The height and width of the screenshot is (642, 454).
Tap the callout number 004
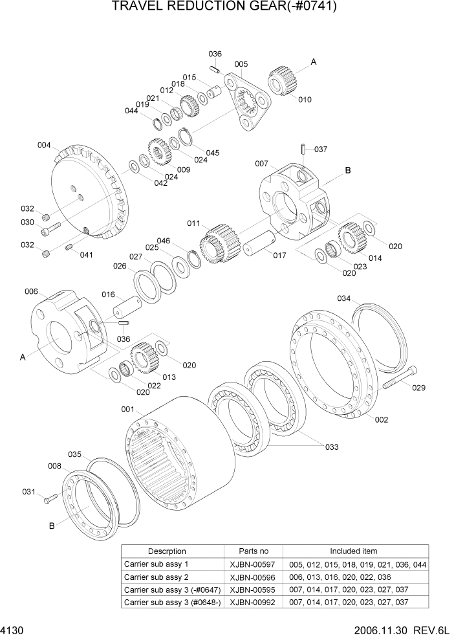[x=44, y=145]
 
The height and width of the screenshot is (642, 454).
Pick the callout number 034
[x=344, y=298]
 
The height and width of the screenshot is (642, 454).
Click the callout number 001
[x=127, y=409]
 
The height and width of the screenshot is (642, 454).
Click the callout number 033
[x=331, y=447]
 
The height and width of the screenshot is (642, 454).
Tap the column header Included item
[x=354, y=551]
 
